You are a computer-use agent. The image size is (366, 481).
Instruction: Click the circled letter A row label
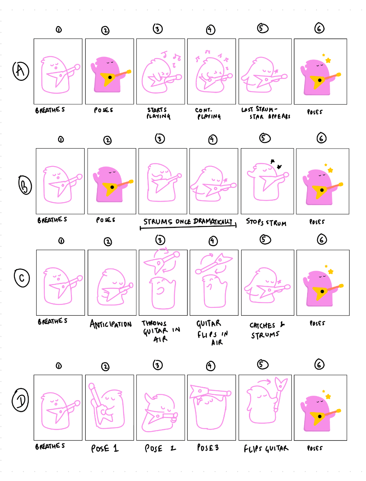coord(21,70)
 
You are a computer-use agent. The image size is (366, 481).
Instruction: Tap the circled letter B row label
coord(25,186)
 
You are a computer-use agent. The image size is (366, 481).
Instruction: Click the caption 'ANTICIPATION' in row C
coord(111,324)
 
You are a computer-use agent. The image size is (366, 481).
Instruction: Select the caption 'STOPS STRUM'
coord(266,222)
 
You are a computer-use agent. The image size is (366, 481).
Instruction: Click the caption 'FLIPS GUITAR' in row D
coord(266,449)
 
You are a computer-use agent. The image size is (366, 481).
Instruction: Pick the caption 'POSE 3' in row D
coord(208,447)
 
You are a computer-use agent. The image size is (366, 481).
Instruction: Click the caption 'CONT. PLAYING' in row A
coord(208,113)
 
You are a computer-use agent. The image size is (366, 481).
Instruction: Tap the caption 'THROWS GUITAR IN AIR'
coord(160,331)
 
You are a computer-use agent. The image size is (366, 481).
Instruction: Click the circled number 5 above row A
coord(263,28)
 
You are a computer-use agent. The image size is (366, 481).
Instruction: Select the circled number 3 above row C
coord(160,240)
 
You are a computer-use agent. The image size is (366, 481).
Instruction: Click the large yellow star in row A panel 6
coord(328,60)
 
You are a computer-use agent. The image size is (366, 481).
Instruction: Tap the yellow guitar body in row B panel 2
coord(110,188)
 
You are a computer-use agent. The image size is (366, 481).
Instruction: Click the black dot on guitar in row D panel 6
coord(319,417)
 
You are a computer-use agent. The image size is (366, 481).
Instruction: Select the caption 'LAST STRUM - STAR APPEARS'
coord(265,113)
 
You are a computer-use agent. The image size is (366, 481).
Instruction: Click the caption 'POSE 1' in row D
coord(105,448)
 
